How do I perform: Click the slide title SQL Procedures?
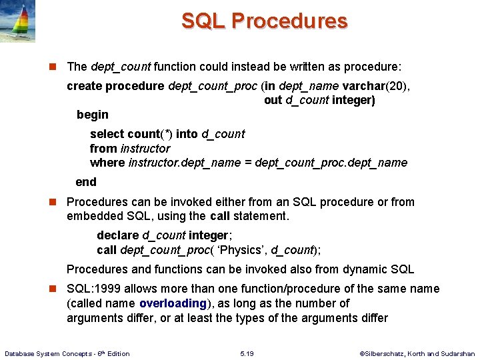tap(264, 21)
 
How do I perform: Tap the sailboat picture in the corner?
tap(18, 22)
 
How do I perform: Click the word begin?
tap(92, 115)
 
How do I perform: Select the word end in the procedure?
tap(86, 182)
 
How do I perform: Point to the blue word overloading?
tap(173, 303)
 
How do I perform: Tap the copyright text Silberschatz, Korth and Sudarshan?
tap(417, 353)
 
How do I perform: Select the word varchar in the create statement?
tap(364, 85)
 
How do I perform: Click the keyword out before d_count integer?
tap(273, 100)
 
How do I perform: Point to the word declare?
tap(117, 235)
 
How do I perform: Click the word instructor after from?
tap(145, 149)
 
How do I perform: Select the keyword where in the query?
tap(107, 163)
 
